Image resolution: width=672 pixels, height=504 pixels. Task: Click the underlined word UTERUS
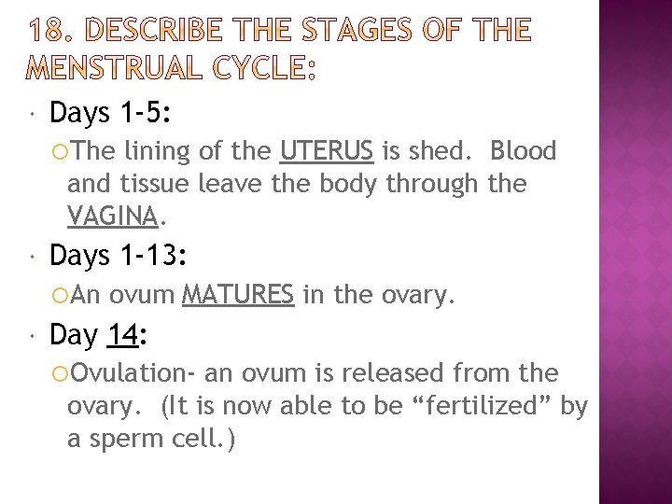[327, 151]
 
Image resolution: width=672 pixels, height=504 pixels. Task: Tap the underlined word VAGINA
[112, 217]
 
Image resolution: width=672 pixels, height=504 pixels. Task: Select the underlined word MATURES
[238, 296]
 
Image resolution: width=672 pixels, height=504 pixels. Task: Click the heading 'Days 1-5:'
[111, 113]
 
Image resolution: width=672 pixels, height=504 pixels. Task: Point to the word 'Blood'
[523, 151]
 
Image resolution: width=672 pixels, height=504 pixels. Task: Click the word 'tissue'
[150, 184]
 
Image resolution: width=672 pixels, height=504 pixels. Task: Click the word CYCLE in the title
[261, 68]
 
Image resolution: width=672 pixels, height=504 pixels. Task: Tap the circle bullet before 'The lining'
[60, 151]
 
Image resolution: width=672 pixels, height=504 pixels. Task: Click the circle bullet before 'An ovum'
[60, 296]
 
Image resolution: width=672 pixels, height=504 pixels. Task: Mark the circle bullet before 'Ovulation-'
[60, 374]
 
